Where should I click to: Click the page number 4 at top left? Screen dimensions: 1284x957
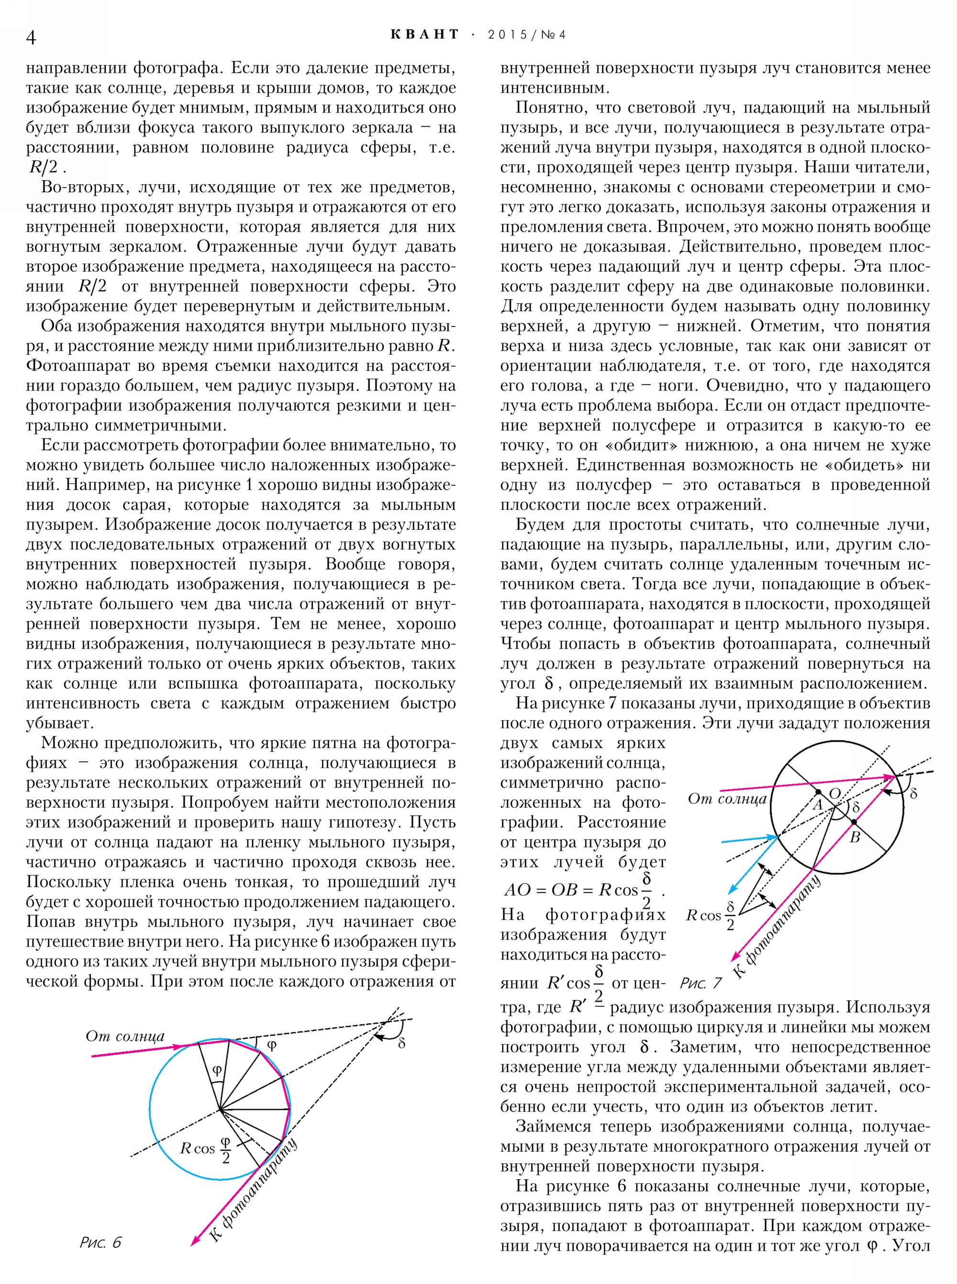click(31, 38)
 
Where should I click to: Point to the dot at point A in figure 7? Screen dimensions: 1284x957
click(818, 792)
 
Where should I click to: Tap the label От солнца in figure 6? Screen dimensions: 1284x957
click(125, 1036)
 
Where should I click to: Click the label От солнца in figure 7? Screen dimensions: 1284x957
click(726, 800)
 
